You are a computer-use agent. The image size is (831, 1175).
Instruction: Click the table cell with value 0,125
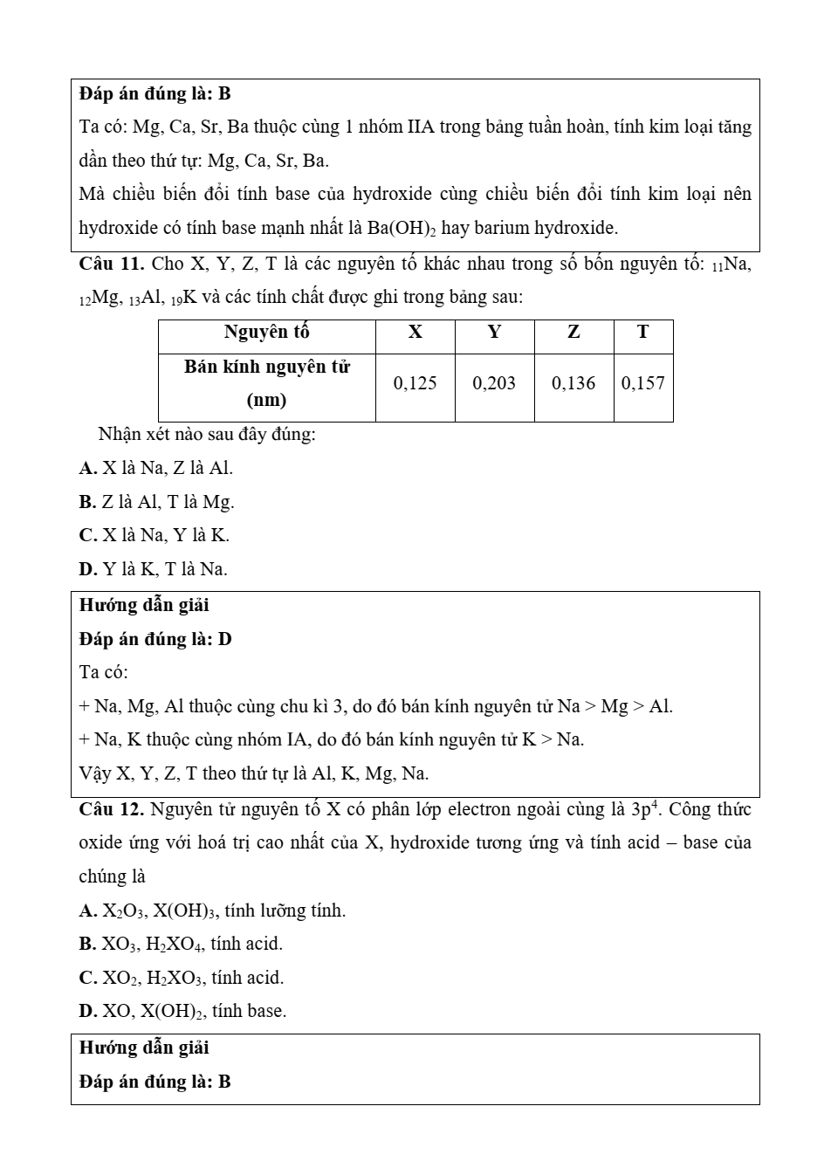(x=415, y=383)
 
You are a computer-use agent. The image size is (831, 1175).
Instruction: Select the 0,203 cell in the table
(x=494, y=383)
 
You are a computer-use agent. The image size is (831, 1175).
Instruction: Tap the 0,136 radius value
(x=573, y=383)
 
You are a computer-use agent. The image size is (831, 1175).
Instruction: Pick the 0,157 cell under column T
(x=643, y=383)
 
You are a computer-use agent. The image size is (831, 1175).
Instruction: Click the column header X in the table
(x=415, y=333)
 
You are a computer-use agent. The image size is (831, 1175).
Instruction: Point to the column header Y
(x=494, y=333)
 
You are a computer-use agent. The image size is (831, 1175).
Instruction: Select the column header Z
(x=573, y=333)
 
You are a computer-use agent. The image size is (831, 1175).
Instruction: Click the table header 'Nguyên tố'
(x=266, y=333)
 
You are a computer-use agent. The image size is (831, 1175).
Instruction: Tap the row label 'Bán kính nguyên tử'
(x=266, y=368)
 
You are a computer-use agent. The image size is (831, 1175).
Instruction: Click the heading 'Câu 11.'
(x=111, y=264)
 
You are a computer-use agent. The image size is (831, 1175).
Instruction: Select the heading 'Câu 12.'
(x=111, y=809)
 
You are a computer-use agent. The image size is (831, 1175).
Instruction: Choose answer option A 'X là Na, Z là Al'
(x=157, y=468)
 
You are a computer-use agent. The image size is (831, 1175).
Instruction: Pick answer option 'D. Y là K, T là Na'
(x=154, y=569)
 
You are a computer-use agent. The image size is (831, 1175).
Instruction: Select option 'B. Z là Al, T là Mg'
(x=157, y=502)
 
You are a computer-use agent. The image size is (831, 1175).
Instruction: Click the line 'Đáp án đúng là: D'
(x=155, y=639)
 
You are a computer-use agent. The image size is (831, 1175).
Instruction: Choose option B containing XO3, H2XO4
(x=181, y=944)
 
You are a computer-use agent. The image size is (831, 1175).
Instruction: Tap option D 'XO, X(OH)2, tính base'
(x=182, y=1011)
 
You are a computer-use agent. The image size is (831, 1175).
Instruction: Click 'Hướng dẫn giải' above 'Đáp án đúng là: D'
(x=144, y=605)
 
